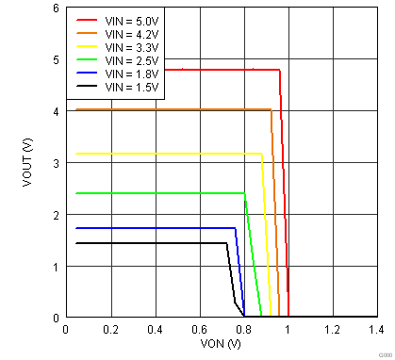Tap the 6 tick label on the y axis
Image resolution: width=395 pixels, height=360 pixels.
point(56,8)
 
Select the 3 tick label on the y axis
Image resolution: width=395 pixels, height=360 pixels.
point(56,163)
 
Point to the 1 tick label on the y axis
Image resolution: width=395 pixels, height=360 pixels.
point(56,267)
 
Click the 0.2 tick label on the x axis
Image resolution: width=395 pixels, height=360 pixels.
point(110,330)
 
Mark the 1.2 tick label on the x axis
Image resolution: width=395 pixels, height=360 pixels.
point(333,330)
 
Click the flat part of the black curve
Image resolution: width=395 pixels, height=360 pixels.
point(141,243)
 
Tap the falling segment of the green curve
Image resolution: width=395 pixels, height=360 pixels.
point(253,254)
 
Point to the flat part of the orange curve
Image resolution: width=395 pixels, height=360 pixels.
point(170,110)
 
